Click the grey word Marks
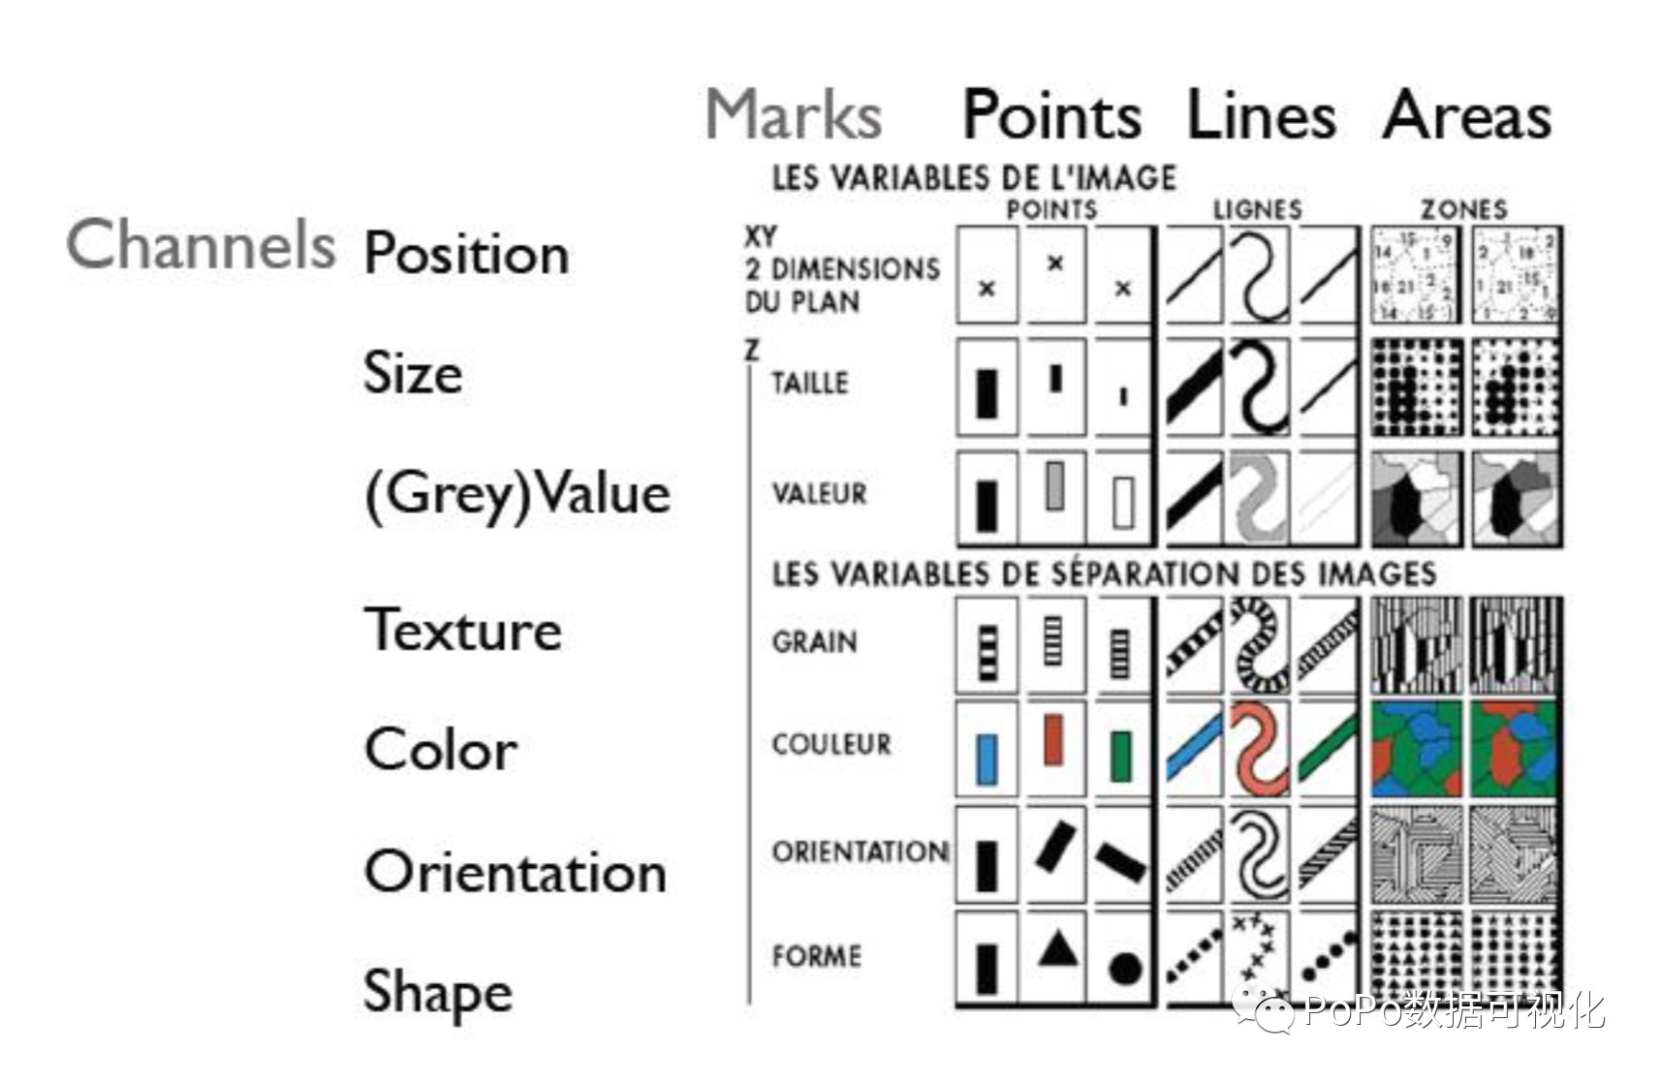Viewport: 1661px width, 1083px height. [x=794, y=115]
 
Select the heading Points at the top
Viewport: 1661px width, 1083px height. [x=1051, y=115]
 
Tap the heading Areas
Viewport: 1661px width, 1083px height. [x=1466, y=115]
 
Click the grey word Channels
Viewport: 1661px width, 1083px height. [x=201, y=244]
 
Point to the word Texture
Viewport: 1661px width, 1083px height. [x=462, y=631]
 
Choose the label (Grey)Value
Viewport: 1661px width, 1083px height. [x=517, y=495]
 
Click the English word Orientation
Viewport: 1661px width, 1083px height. [x=515, y=872]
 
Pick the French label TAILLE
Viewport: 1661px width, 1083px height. [x=809, y=383]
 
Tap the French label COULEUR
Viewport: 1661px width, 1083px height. [x=830, y=744]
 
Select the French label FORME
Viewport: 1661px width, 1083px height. [x=816, y=956]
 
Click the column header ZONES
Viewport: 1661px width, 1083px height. [x=1463, y=209]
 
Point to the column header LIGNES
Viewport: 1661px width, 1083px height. [x=1257, y=209]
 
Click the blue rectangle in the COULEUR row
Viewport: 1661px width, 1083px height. [x=987, y=758]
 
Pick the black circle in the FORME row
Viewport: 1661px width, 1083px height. [x=1124, y=968]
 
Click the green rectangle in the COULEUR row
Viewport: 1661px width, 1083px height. [x=1121, y=757]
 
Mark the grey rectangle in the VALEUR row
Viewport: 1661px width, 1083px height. [x=1055, y=485]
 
